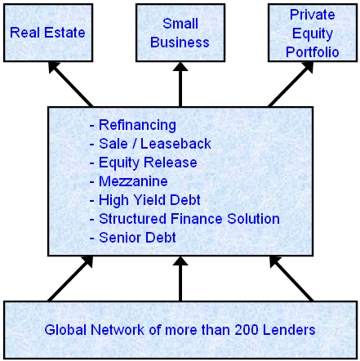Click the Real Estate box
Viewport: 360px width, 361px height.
48,33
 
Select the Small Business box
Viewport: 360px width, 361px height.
180,33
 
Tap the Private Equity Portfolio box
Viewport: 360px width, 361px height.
313,33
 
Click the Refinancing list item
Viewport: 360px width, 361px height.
133,125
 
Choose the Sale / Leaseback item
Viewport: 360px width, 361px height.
150,144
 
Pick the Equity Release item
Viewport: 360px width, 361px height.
143,163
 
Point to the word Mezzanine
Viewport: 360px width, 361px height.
133,181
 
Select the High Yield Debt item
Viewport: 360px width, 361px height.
145,200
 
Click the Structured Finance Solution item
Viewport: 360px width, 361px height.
184,219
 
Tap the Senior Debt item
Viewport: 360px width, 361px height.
133,238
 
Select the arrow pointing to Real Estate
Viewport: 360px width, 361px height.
70,84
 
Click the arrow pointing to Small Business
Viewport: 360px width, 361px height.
180,84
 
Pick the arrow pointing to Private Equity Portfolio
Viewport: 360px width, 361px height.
291,84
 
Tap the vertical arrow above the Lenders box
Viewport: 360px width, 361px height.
180,279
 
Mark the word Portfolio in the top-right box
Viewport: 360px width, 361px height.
313,52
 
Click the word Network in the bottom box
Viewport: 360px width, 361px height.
118,330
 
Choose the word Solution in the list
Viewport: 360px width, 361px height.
254,219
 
